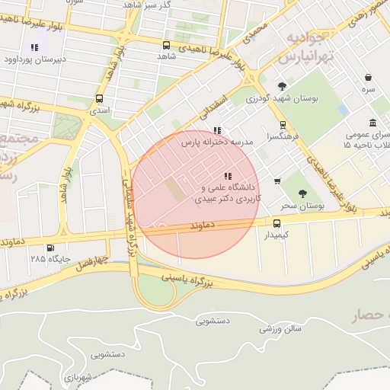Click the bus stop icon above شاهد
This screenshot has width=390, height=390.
(167, 45)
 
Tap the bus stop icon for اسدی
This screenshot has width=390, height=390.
(100, 99)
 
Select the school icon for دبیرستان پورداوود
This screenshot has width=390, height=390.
(34, 47)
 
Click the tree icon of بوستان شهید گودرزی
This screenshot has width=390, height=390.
(283, 86)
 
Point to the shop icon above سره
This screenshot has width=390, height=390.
(369, 78)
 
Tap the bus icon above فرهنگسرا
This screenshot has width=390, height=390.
(283, 124)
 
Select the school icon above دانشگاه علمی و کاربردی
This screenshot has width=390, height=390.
(228, 177)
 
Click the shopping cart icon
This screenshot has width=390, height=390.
(277, 181)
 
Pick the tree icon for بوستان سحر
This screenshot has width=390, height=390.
(303, 193)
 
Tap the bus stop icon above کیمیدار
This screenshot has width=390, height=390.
(277, 223)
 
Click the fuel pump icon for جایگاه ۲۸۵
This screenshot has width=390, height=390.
(50, 247)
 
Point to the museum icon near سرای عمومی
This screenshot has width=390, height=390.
(372, 123)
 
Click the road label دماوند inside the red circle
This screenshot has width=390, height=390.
(206, 226)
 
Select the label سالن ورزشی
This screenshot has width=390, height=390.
(280, 329)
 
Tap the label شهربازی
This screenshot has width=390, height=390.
(78, 377)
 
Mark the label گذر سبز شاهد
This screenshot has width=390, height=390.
(171, 5)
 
